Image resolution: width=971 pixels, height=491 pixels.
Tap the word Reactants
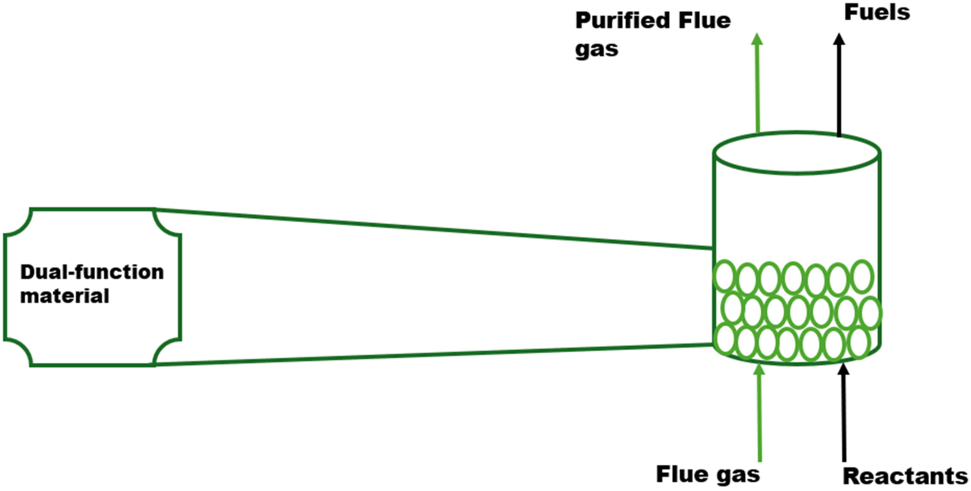point(905,477)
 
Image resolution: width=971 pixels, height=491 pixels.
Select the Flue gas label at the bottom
point(708,474)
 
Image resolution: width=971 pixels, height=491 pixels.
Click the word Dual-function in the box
point(92,272)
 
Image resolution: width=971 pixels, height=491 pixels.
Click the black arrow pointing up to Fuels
point(839,87)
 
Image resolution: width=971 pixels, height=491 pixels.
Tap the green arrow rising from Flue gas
point(760,414)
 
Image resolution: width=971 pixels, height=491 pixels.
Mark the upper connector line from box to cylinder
point(433,229)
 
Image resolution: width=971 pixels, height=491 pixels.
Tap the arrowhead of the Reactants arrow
point(843,369)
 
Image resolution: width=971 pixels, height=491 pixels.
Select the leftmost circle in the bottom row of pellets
point(725,339)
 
